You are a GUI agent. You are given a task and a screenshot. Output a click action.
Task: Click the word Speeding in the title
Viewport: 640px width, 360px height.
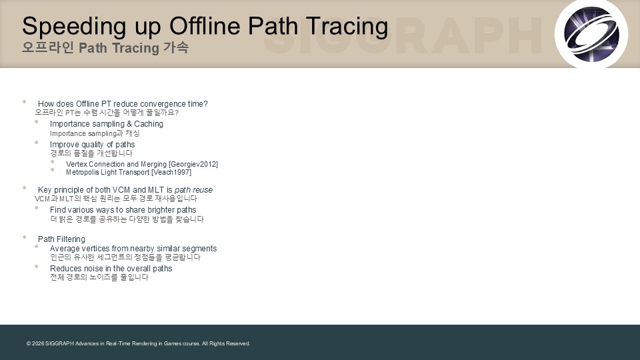(74, 27)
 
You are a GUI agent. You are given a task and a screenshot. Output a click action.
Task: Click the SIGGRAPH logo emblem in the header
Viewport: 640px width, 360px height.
(591, 34)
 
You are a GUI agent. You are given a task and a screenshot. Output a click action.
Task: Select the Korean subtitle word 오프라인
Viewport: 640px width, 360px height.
(48, 48)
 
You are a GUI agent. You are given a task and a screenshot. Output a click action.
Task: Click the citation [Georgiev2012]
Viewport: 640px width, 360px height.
(193, 164)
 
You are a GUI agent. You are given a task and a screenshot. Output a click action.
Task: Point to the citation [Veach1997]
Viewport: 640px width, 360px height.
(171, 172)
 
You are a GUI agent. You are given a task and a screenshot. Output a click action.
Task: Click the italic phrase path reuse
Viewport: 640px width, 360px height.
(193, 190)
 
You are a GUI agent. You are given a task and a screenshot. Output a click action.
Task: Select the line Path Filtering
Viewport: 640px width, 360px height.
(61, 239)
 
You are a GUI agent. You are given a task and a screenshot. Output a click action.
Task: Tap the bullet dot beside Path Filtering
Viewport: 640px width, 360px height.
(25, 237)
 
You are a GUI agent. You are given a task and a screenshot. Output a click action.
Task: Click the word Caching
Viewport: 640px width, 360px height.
(149, 124)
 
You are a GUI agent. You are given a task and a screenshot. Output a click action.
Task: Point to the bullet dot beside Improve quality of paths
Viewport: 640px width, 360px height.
(36, 143)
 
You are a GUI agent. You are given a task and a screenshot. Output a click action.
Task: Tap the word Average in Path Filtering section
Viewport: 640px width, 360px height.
(65, 249)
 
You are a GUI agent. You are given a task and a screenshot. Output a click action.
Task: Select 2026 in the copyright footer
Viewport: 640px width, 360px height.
(38, 344)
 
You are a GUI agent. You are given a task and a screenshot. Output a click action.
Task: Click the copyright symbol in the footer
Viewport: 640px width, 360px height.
(29, 344)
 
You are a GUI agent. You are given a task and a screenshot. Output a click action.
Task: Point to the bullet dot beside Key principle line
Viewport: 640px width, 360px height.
(25, 188)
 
